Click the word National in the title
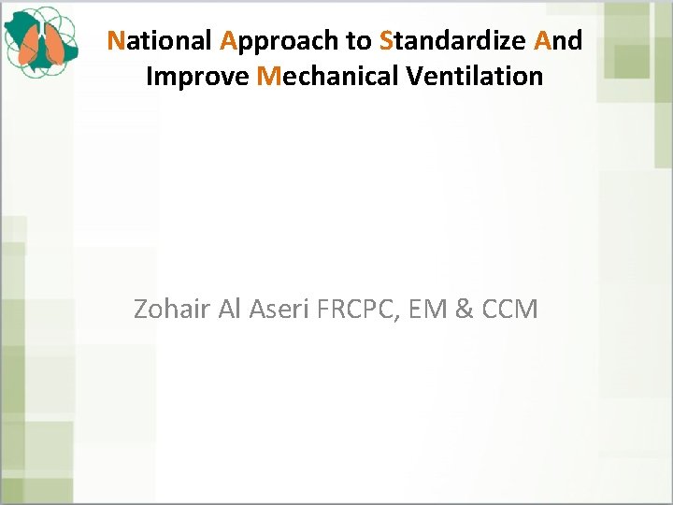160,41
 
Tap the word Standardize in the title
453,41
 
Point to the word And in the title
558,41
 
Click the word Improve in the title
197,76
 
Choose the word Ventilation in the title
475,76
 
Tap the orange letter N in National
116,41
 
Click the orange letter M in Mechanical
267,76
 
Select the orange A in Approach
228,41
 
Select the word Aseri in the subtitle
279,309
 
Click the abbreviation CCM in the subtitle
510,309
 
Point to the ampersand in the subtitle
465,309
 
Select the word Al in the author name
229,309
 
